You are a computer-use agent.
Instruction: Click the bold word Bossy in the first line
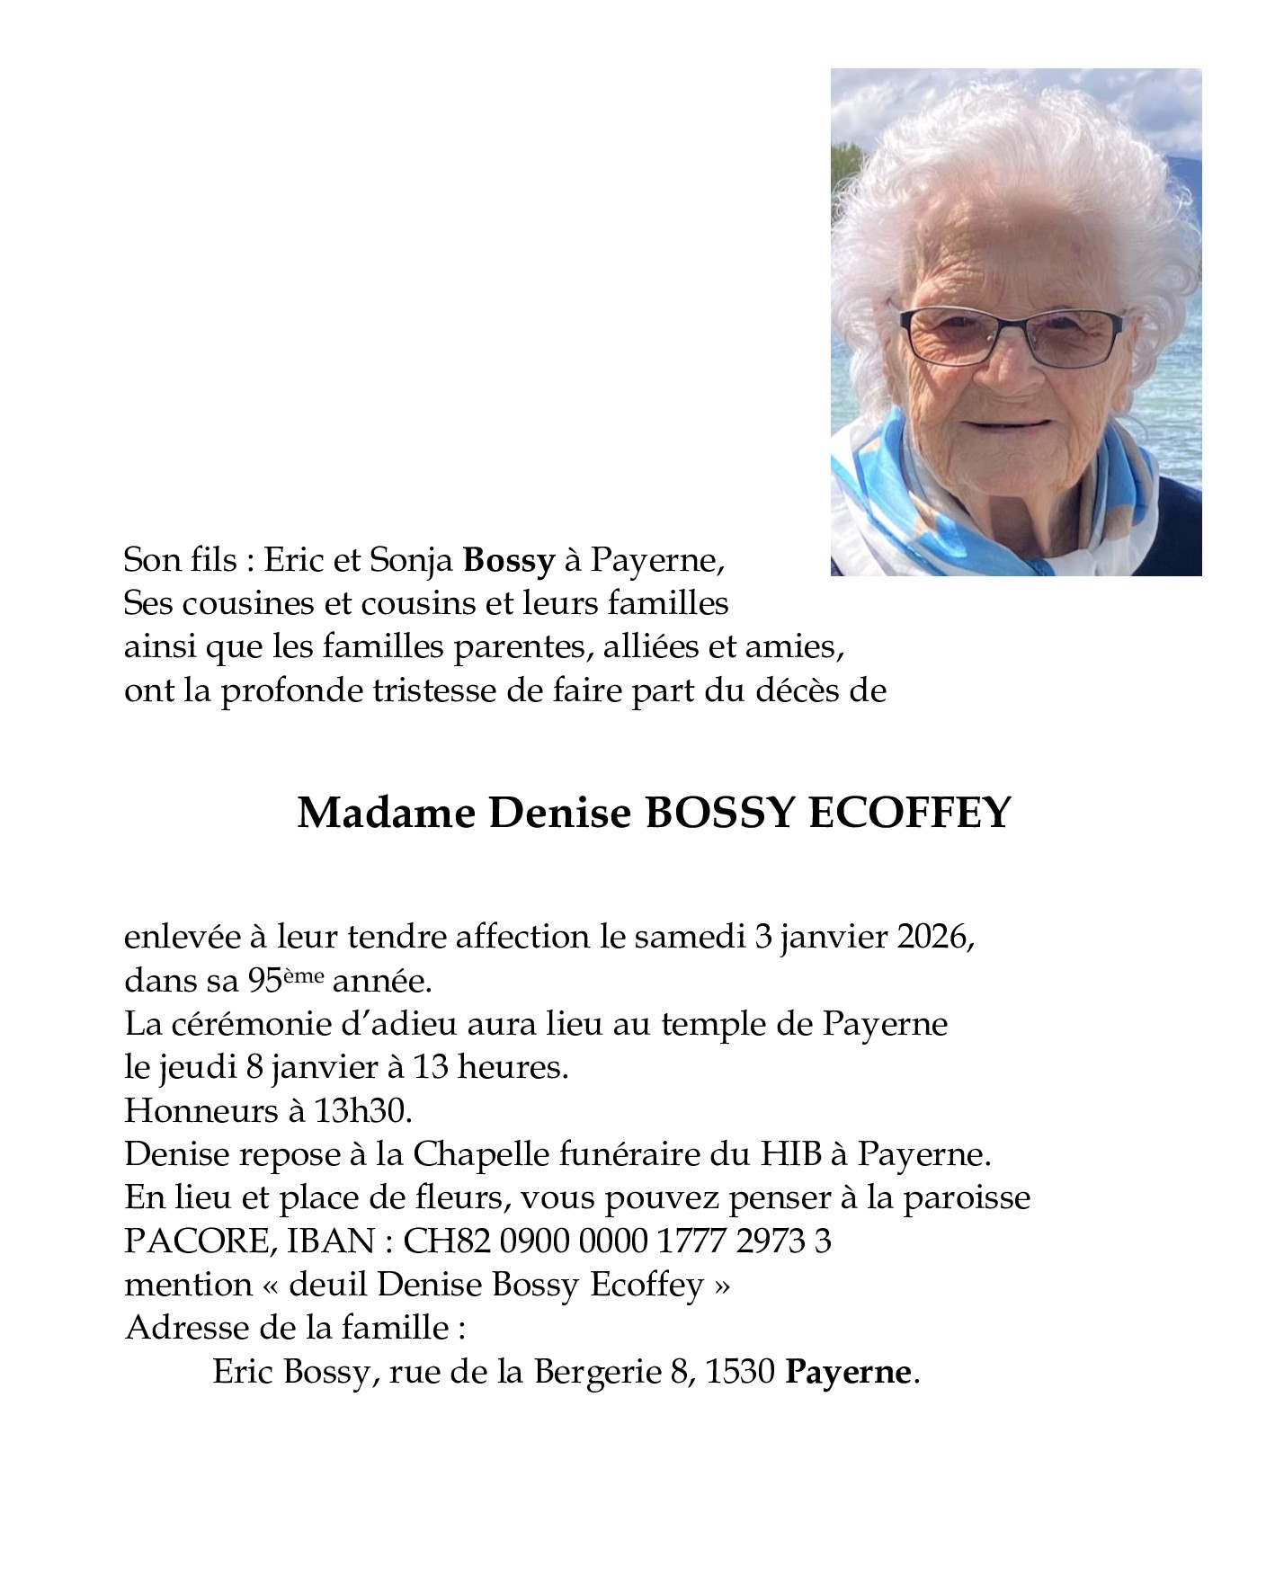click(x=508, y=561)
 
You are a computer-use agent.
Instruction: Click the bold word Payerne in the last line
click(x=849, y=1373)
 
